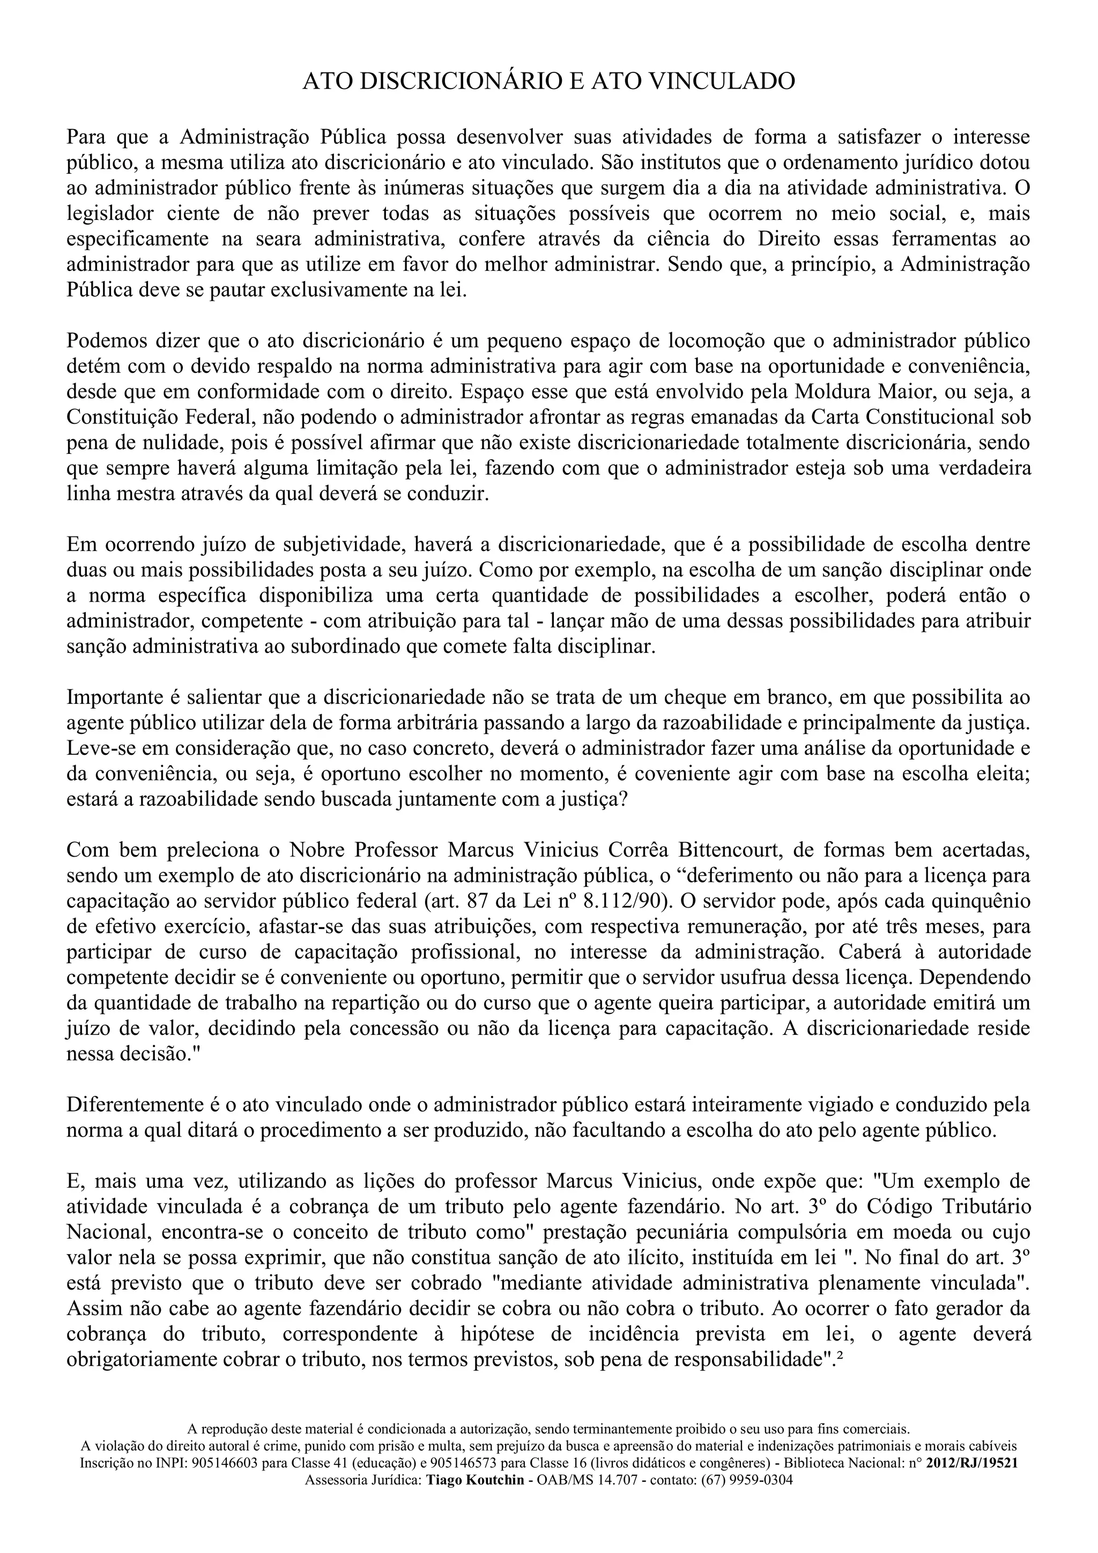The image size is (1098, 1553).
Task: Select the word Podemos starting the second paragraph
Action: [108, 340]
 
